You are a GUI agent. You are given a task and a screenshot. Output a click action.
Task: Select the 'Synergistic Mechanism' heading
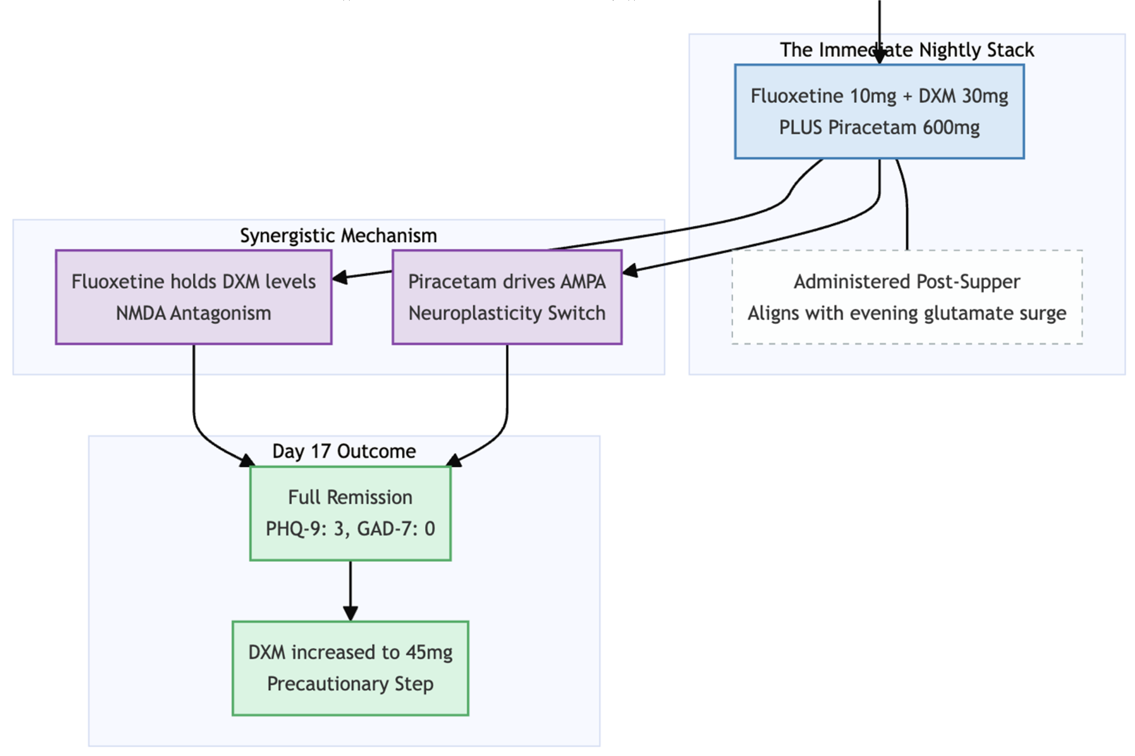338,236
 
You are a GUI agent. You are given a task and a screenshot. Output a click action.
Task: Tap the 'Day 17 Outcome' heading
344,451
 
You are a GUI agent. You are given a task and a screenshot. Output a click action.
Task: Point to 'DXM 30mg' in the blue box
963,96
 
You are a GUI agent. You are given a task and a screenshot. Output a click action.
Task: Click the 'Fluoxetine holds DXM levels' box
193,297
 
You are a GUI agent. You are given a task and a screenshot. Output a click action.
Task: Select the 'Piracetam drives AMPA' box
507,297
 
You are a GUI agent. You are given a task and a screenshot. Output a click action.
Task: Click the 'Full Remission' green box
350,513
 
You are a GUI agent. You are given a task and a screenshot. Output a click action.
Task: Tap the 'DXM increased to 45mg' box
350,668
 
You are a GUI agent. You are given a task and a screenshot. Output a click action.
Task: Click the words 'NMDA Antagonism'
193,313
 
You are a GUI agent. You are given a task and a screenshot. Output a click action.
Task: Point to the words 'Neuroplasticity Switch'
507,313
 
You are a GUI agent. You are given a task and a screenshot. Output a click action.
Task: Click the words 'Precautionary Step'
350,684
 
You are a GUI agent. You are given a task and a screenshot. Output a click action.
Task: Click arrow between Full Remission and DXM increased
350,591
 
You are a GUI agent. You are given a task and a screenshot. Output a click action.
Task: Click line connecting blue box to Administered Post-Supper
907,212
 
